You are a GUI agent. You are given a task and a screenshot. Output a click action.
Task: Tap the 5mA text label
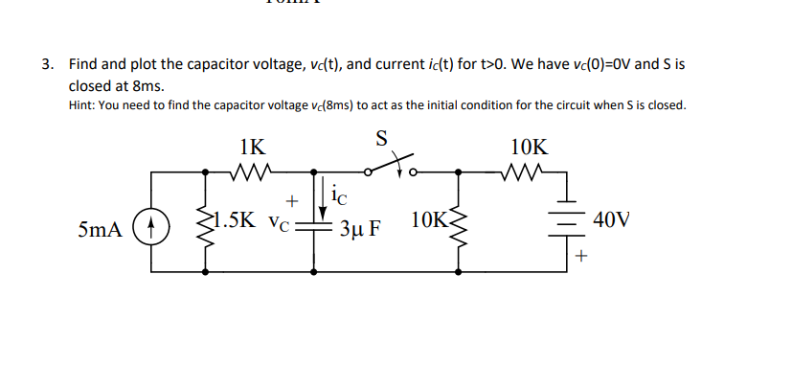(102, 230)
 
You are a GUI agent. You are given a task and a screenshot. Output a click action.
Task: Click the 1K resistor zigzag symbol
(254, 173)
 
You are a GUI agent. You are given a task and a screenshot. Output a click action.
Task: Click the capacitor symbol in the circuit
(315, 228)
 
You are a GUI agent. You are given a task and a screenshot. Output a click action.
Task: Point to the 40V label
(612, 219)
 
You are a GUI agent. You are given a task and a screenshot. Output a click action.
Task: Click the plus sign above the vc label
(292, 200)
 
